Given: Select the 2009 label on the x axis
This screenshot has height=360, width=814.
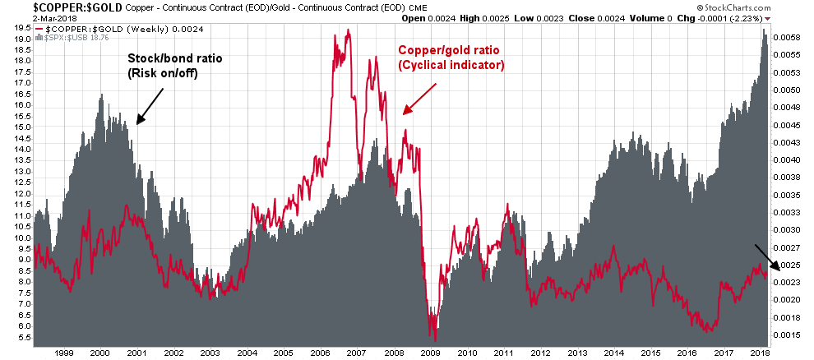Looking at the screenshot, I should tap(432, 353).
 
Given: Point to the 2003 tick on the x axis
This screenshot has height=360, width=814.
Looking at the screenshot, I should tap(210, 353).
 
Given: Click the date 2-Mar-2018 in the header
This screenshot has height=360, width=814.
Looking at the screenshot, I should tap(27, 16).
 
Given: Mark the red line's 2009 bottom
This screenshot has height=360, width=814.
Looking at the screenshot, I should tap(435, 338).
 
